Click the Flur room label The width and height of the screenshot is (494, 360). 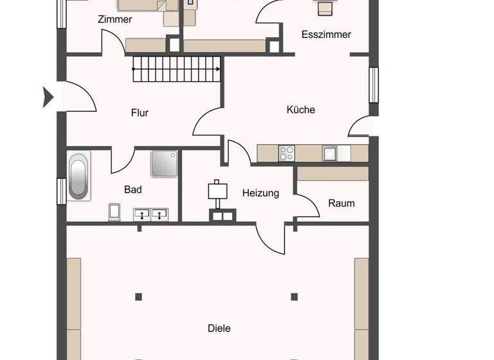point(140,113)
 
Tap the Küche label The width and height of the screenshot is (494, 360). point(300,110)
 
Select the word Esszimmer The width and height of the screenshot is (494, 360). point(326,35)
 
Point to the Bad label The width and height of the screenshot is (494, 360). point(133,190)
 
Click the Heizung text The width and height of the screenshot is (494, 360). point(261,193)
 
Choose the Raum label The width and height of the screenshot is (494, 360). point(341,203)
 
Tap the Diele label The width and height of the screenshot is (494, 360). point(219,328)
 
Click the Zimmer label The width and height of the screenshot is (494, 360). point(114,19)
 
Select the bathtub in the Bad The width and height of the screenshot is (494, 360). point(80,175)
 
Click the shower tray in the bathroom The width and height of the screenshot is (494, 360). point(164,164)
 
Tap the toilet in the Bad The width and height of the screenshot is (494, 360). point(115,211)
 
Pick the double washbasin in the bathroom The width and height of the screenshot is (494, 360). point(151,214)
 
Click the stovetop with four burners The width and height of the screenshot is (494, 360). point(286,153)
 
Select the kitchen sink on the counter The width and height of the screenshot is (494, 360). point(330,153)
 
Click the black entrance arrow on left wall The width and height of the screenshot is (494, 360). point(48,97)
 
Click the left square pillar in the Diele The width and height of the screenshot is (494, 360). point(138,296)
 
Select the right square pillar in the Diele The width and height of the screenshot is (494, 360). point(294,296)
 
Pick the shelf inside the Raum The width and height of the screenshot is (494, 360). point(333,174)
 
